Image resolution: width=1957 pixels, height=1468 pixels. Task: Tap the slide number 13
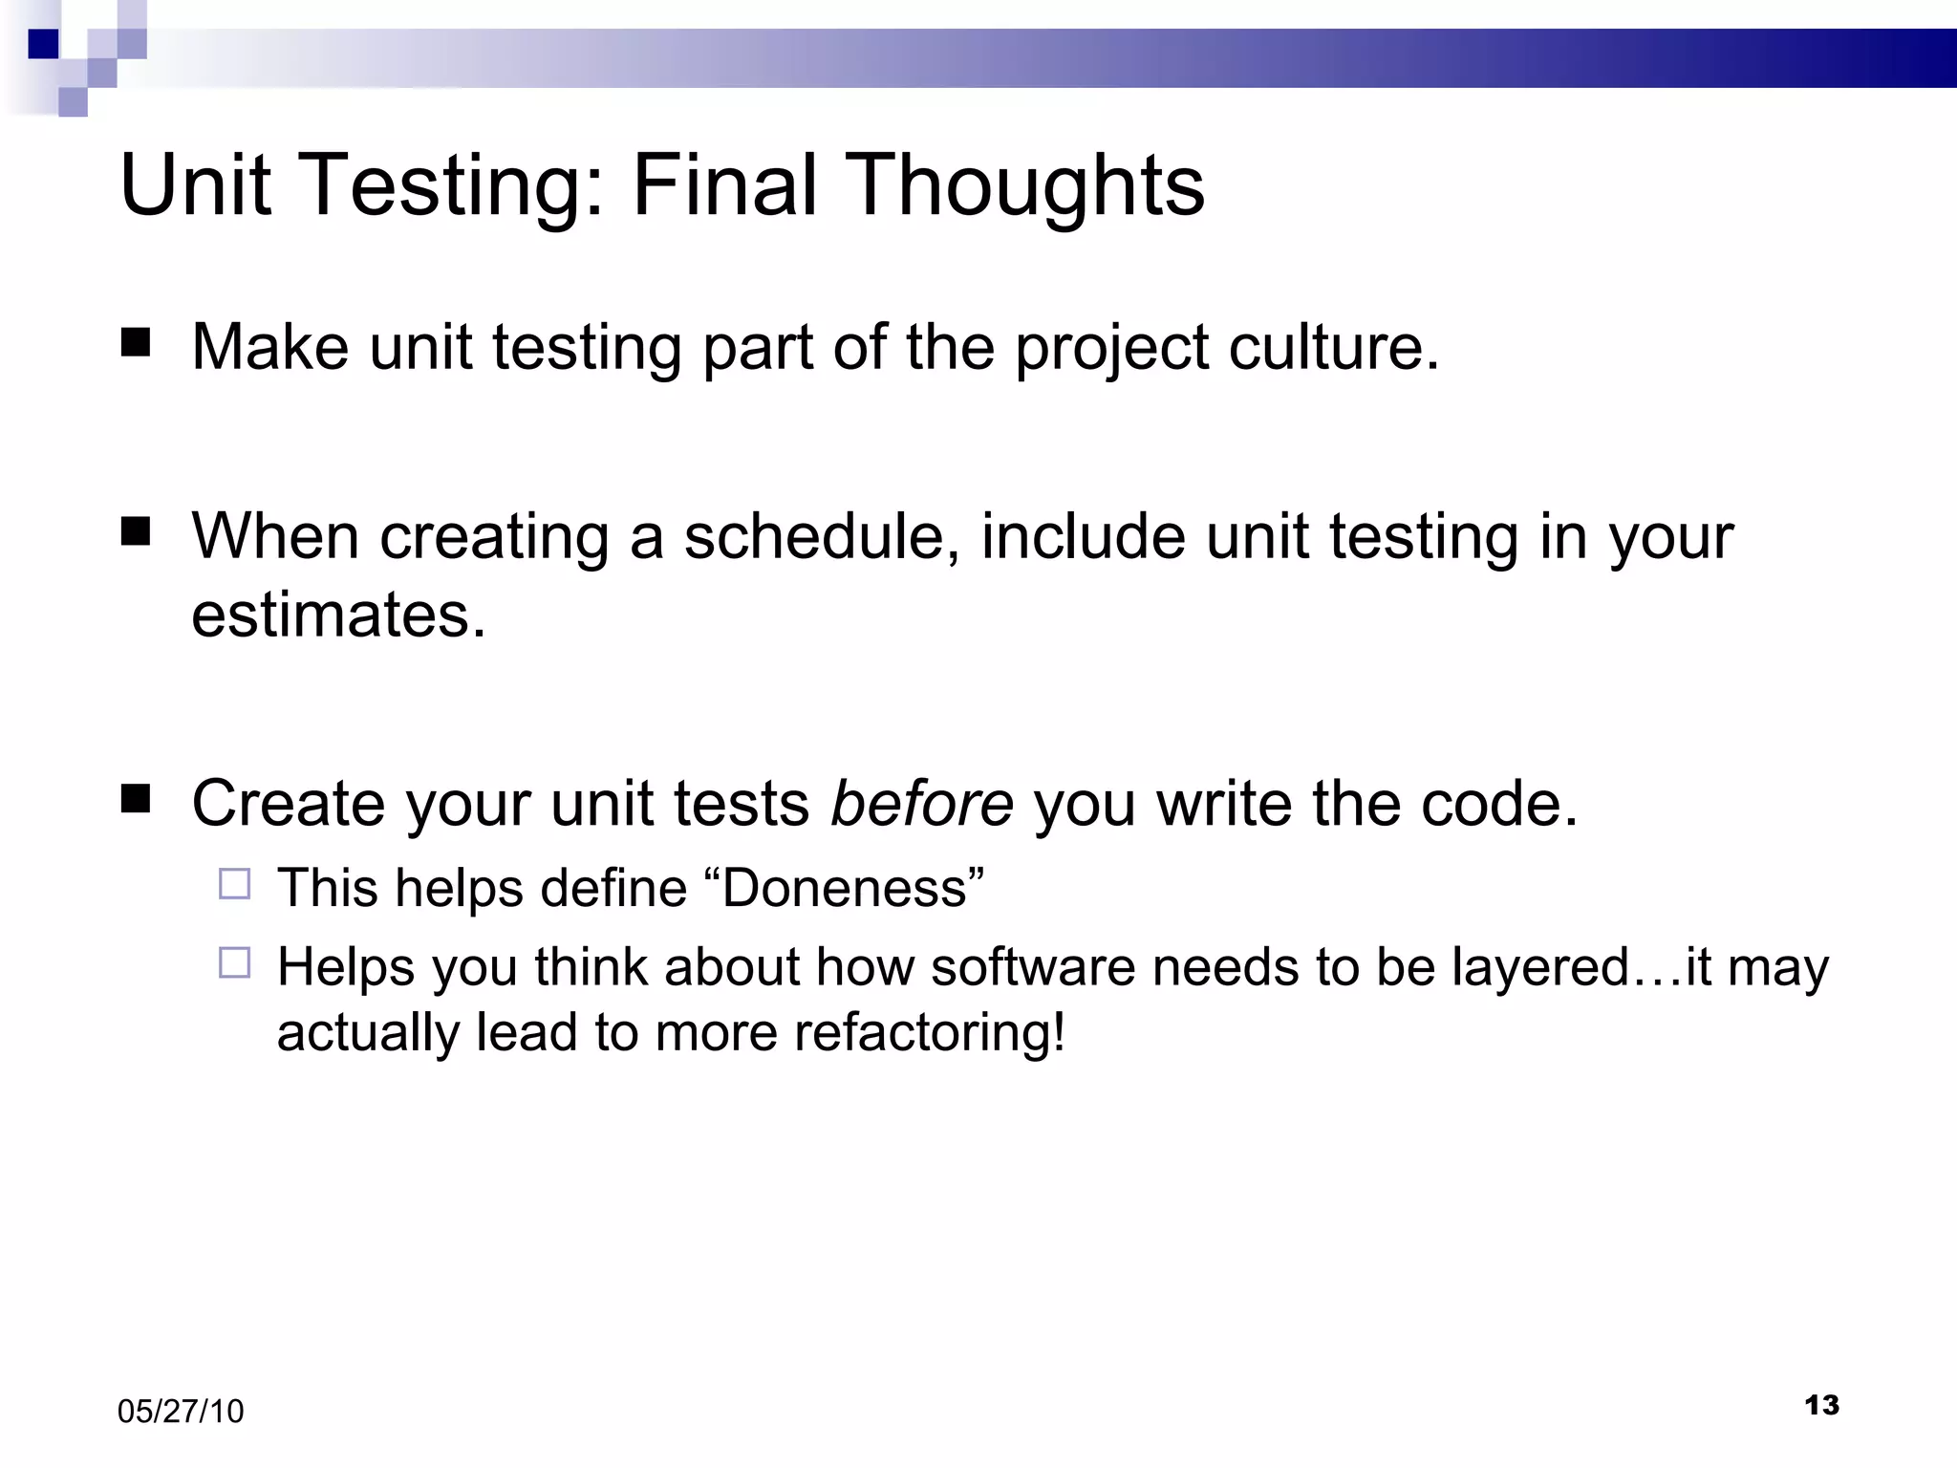pyautogui.click(x=1821, y=1405)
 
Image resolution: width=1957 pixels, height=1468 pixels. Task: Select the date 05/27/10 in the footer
pyautogui.click(x=181, y=1412)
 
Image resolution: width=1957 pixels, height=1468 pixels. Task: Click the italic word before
pyautogui.click(x=921, y=803)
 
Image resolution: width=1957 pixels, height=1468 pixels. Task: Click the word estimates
pyautogui.click(x=338, y=614)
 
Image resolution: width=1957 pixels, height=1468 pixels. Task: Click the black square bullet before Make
pyautogui.click(x=137, y=342)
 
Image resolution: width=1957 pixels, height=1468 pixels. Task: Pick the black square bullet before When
pyautogui.click(x=137, y=531)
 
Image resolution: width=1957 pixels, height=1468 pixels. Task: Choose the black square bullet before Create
pyautogui.click(x=137, y=798)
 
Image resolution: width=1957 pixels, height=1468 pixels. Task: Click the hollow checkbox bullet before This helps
pyautogui.click(x=234, y=884)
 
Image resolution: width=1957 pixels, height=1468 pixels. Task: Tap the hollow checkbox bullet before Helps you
pyautogui.click(x=234, y=962)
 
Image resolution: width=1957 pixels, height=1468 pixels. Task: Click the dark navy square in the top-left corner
pyautogui.click(x=43, y=44)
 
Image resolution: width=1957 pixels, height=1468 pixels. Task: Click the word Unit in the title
pyautogui.click(x=194, y=185)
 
